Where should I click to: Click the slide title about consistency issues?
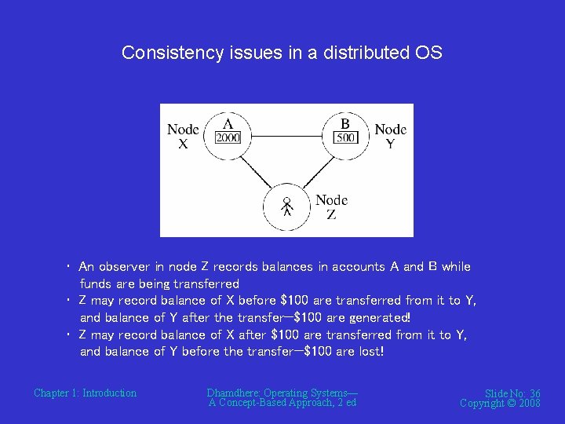282,53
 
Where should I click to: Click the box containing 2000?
228,138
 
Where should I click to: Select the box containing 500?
346,138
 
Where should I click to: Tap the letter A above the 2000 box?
228,124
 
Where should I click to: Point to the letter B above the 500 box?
345,124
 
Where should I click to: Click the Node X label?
183,137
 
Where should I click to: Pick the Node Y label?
390,137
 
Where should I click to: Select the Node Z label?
331,207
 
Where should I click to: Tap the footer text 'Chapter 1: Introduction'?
85,393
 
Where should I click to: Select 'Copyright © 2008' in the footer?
500,404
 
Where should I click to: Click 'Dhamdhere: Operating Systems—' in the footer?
282,393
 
